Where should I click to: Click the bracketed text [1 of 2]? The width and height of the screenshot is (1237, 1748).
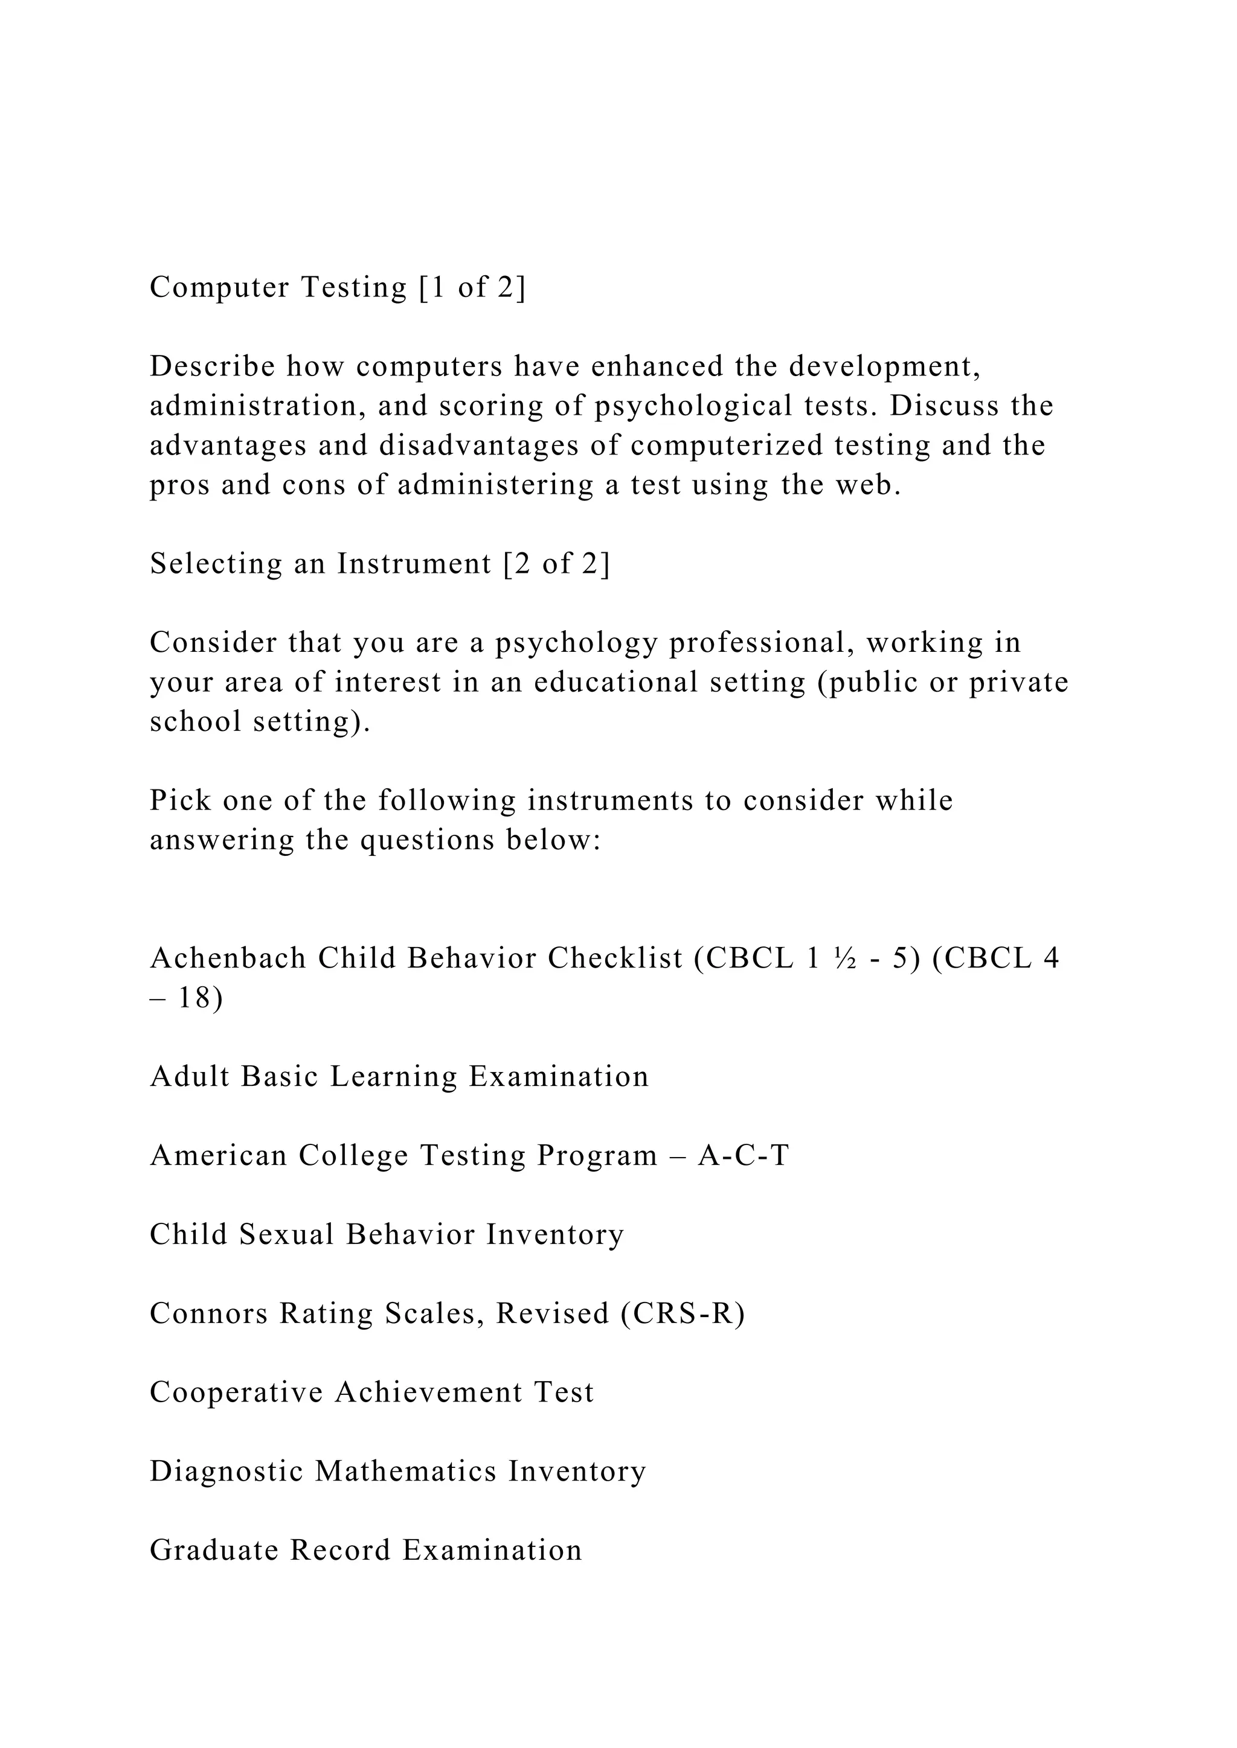472,288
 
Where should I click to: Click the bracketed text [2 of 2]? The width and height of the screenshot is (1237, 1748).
557,564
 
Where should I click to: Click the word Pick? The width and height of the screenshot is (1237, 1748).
180,801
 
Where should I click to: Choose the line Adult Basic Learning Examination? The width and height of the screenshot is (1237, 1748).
399,1077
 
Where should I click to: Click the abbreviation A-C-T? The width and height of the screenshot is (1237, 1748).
744,1156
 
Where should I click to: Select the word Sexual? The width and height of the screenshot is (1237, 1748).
286,1235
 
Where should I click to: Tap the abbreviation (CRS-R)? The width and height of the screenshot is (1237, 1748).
683,1314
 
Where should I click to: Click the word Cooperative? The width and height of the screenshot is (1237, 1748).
236,1392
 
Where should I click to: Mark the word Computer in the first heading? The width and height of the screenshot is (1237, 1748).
219,288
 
